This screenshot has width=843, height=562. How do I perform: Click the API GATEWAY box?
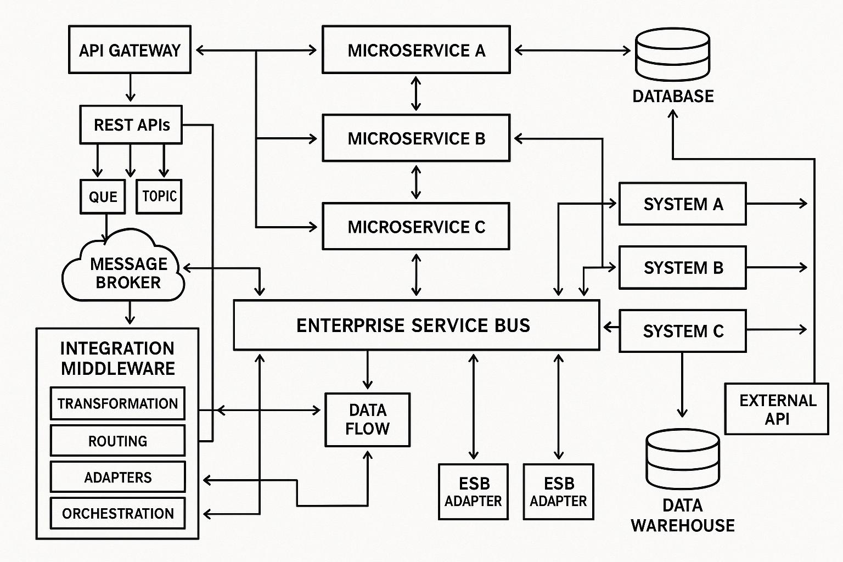click(130, 50)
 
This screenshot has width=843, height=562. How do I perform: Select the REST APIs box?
click(131, 125)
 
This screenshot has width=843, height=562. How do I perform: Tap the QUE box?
click(103, 196)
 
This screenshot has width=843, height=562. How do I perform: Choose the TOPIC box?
click(159, 196)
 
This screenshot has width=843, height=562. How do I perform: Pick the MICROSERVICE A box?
click(416, 50)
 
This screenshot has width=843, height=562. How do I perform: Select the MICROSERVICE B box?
click(416, 138)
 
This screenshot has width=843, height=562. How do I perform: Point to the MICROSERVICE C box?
click(416, 227)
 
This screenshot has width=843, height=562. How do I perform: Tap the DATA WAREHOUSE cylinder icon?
click(682, 459)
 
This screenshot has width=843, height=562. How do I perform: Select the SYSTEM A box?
click(682, 204)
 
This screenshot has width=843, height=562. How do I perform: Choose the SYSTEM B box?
click(682, 268)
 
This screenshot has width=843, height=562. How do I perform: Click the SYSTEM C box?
click(682, 331)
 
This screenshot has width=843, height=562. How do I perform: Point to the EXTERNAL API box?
click(777, 409)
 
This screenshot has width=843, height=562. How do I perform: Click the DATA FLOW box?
click(367, 420)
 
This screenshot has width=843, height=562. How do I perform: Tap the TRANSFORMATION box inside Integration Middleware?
click(117, 404)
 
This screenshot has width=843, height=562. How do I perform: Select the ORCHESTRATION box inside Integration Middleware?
click(117, 514)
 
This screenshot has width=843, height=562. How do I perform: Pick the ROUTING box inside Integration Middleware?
click(117, 441)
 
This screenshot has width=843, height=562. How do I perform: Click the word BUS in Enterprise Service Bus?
click(512, 325)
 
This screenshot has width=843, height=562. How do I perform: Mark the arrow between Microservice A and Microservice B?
click(416, 94)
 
